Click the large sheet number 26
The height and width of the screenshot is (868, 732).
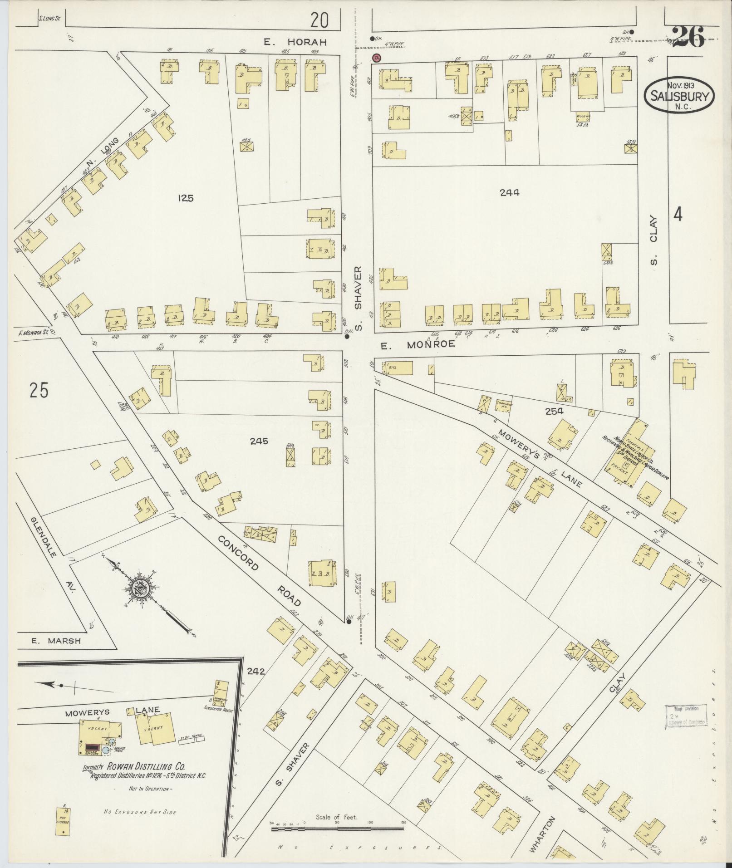coord(688,37)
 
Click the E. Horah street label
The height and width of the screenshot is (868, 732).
coord(296,42)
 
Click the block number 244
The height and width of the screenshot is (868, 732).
coord(509,192)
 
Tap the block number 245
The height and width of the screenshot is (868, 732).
coord(259,441)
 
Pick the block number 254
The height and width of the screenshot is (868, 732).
coord(555,411)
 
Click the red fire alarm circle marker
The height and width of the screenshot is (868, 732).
coord(376,58)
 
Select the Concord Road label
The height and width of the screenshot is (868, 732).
coord(259,571)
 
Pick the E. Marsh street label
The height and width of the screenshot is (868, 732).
coord(56,641)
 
